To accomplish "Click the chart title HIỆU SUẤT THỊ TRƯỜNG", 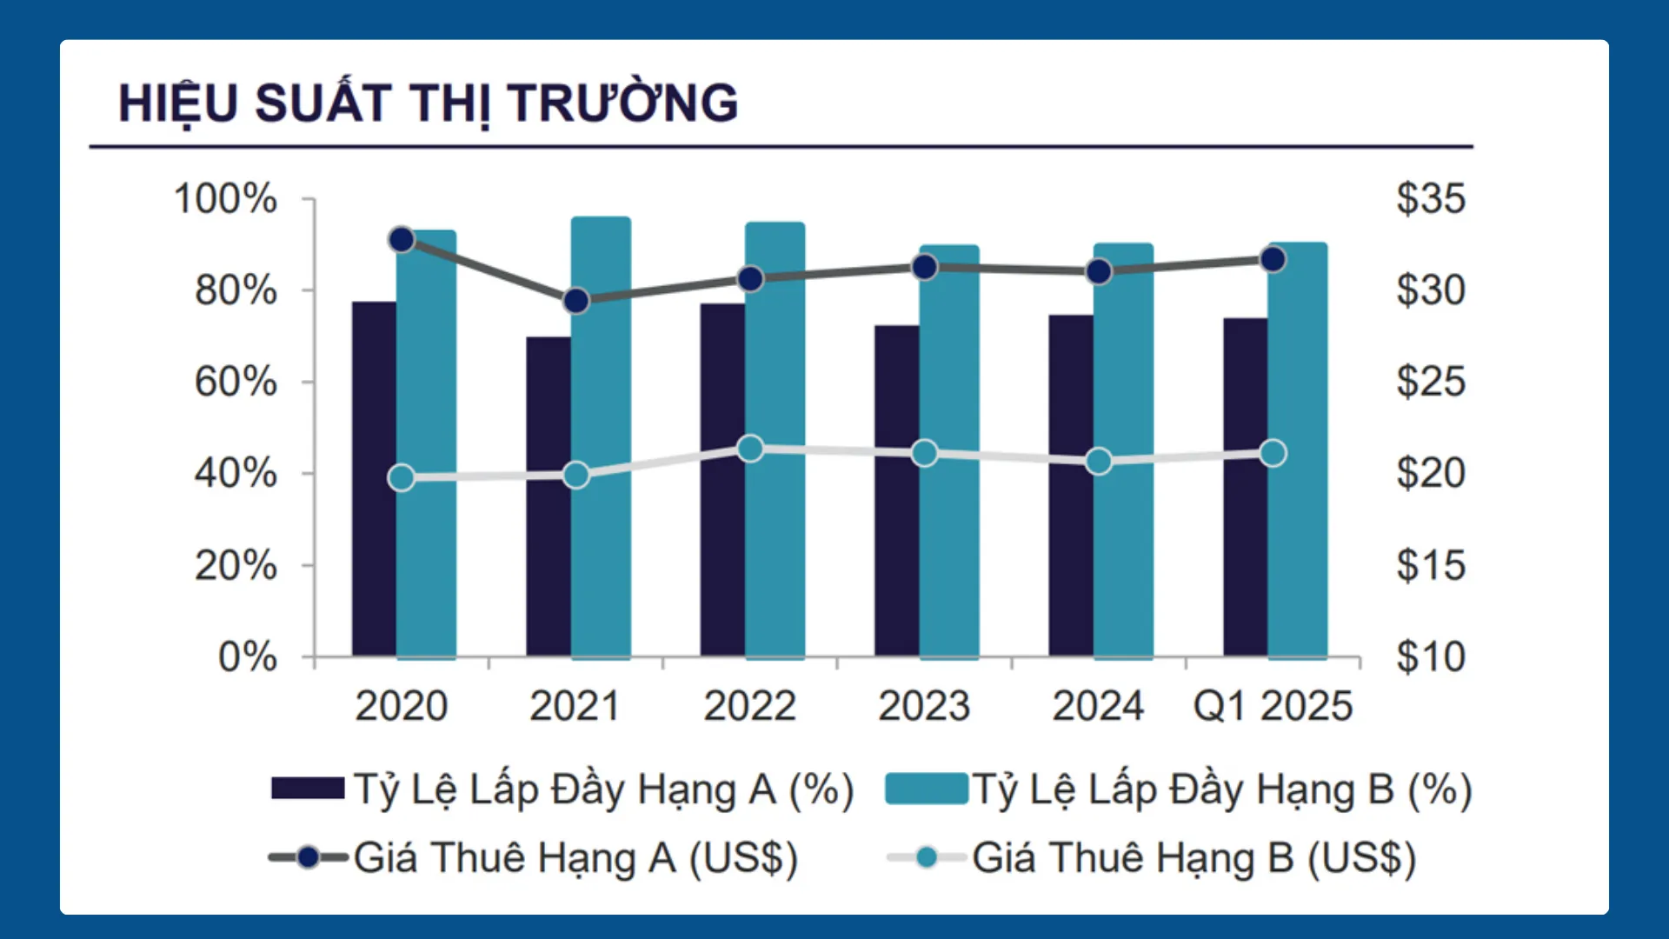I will tap(428, 103).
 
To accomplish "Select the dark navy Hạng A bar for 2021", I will tap(548, 496).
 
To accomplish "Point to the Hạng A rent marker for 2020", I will tap(402, 240).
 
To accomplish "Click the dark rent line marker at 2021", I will tap(575, 301).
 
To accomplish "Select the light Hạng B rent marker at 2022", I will tap(750, 449).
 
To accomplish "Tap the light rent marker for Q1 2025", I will tap(1273, 453).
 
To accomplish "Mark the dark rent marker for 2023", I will tap(925, 267).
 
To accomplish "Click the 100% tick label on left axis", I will tap(225, 198).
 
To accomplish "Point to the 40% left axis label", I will tap(236, 474).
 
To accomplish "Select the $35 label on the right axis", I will tap(1430, 198).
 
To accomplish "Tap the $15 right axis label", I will tap(1430, 565).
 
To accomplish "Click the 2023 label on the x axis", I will tap(923, 705).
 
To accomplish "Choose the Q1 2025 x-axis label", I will tap(1273, 705).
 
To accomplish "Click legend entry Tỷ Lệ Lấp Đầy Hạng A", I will tap(603, 789).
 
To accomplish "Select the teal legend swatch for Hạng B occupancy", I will tap(926, 789).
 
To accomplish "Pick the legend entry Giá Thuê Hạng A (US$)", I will tap(575, 858).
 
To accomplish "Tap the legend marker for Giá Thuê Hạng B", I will tap(927, 858).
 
